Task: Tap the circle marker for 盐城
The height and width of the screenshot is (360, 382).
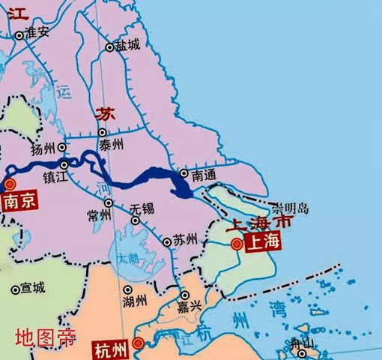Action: point(109,47)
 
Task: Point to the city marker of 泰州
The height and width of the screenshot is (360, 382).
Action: point(103,133)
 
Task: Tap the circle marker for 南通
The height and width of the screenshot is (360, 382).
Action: point(183,175)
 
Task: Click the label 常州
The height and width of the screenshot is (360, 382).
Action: point(99,216)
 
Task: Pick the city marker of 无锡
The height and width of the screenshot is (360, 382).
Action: point(136,220)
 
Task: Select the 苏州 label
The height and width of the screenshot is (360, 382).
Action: point(185,240)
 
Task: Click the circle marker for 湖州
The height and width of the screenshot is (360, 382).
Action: point(128,289)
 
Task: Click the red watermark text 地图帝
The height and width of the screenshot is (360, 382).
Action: point(46,338)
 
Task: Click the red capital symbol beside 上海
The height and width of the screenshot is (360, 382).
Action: point(236,244)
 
